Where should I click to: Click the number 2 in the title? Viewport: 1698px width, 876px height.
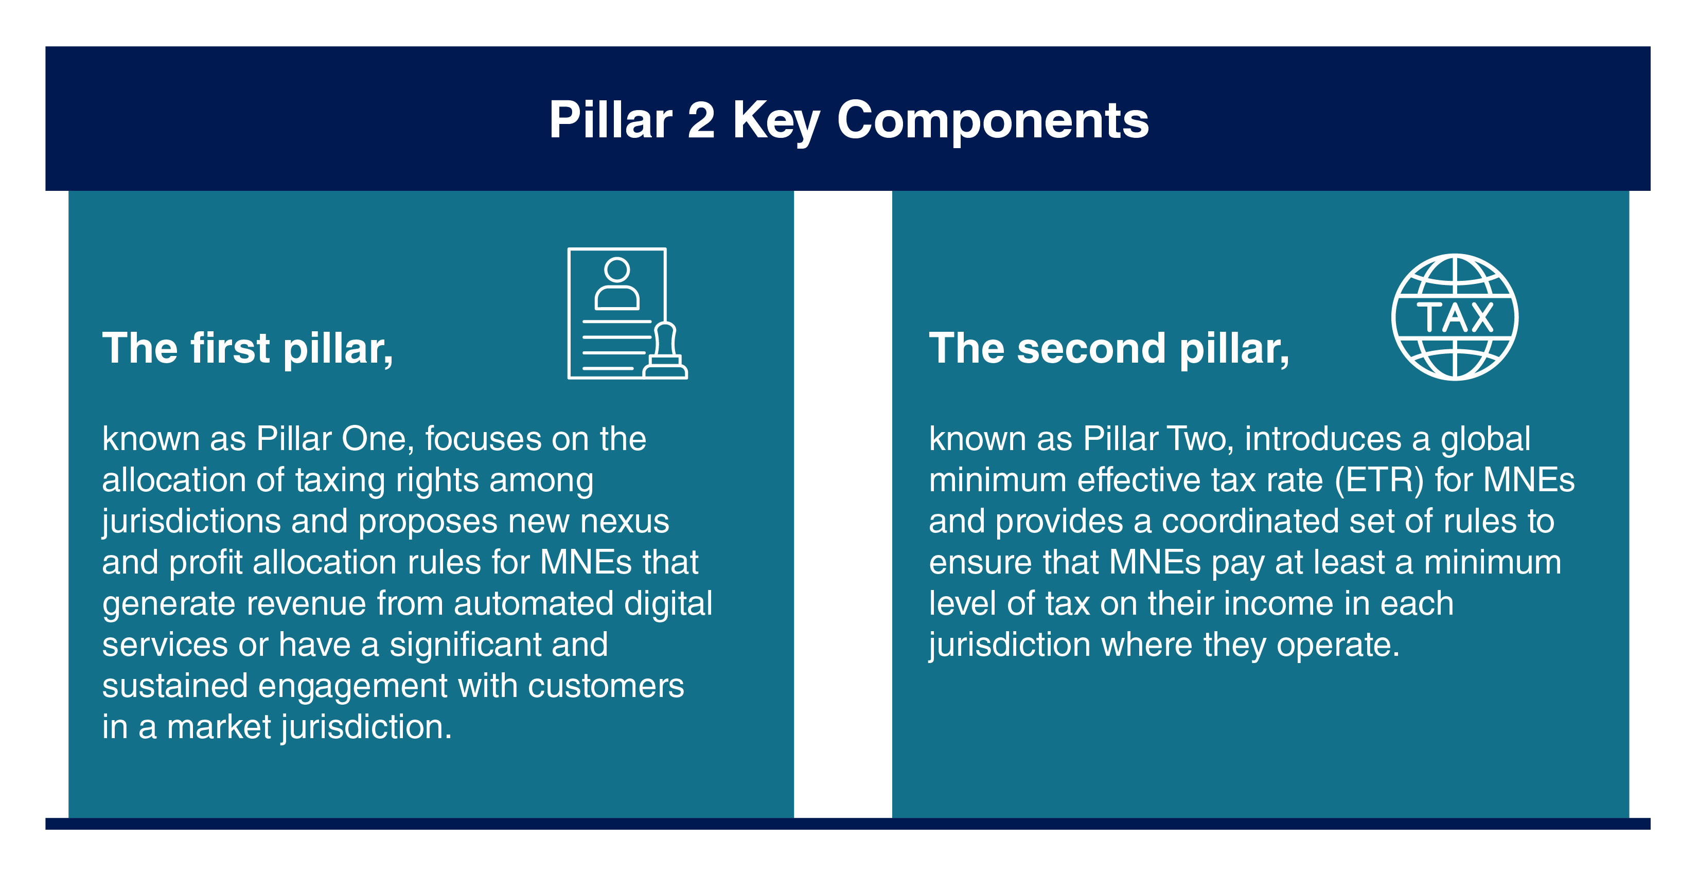701,120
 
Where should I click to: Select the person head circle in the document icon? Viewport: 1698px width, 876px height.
617,270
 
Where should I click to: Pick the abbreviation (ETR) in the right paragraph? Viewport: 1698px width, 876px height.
1379,480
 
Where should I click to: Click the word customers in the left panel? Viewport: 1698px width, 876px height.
606,686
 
